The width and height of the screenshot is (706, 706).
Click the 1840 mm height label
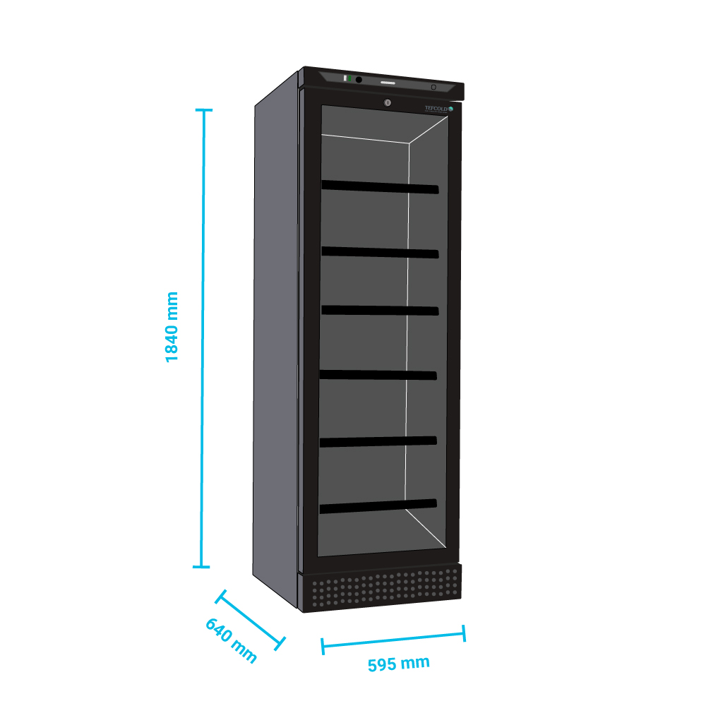pyautogui.click(x=172, y=326)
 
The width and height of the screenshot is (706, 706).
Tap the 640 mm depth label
pyautogui.click(x=231, y=640)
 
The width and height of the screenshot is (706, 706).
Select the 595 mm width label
pyautogui.click(x=398, y=664)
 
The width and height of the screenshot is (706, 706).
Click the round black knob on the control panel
pyautogui.click(x=359, y=80)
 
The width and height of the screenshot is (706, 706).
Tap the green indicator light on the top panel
pyautogui.click(x=349, y=78)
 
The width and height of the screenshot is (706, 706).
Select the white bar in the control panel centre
pyautogui.click(x=390, y=83)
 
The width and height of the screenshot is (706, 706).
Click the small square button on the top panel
pyautogui.click(x=433, y=87)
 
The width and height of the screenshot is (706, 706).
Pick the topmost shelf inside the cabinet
pyautogui.click(x=380, y=187)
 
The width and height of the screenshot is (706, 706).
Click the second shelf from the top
pyautogui.click(x=381, y=251)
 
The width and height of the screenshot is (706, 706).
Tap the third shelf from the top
pyautogui.click(x=379, y=310)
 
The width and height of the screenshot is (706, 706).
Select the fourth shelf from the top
pyautogui.click(x=378, y=375)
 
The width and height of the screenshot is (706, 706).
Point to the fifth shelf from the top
pyautogui.click(x=378, y=441)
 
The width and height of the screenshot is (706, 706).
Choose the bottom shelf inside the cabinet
pyautogui.click(x=378, y=506)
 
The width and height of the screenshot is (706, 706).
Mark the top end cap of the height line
pyautogui.click(x=203, y=110)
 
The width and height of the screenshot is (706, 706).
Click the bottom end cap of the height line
pyautogui.click(x=201, y=566)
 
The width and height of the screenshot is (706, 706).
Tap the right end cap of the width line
pyautogui.click(x=464, y=633)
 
